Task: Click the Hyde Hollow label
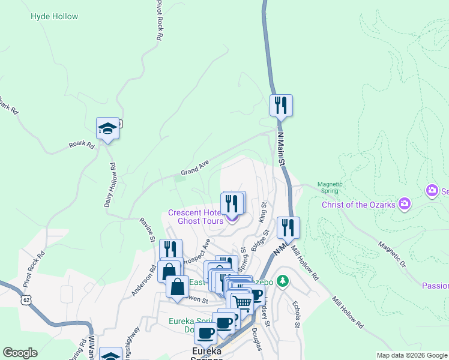[54, 16]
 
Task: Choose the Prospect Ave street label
[196, 252]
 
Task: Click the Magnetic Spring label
[330, 187]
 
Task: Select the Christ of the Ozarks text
[358, 205]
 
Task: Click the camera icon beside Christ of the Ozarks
[405, 205]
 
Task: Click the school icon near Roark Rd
[107, 128]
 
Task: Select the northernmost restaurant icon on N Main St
[281, 106]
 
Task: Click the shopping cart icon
[242, 302]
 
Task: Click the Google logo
[20, 353]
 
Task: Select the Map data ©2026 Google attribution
[411, 355]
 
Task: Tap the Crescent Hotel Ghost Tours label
[196, 217]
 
